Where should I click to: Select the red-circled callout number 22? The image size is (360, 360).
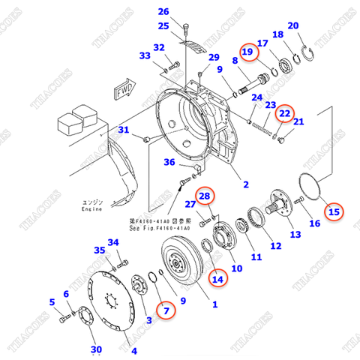[x=283, y=112]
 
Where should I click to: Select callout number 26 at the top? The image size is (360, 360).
[x=163, y=10]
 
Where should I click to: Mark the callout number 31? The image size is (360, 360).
[x=125, y=131]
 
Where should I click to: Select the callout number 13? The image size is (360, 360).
[x=294, y=235]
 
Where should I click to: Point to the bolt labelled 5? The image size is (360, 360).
[x=63, y=319]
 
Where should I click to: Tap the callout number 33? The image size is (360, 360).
[x=145, y=55]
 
